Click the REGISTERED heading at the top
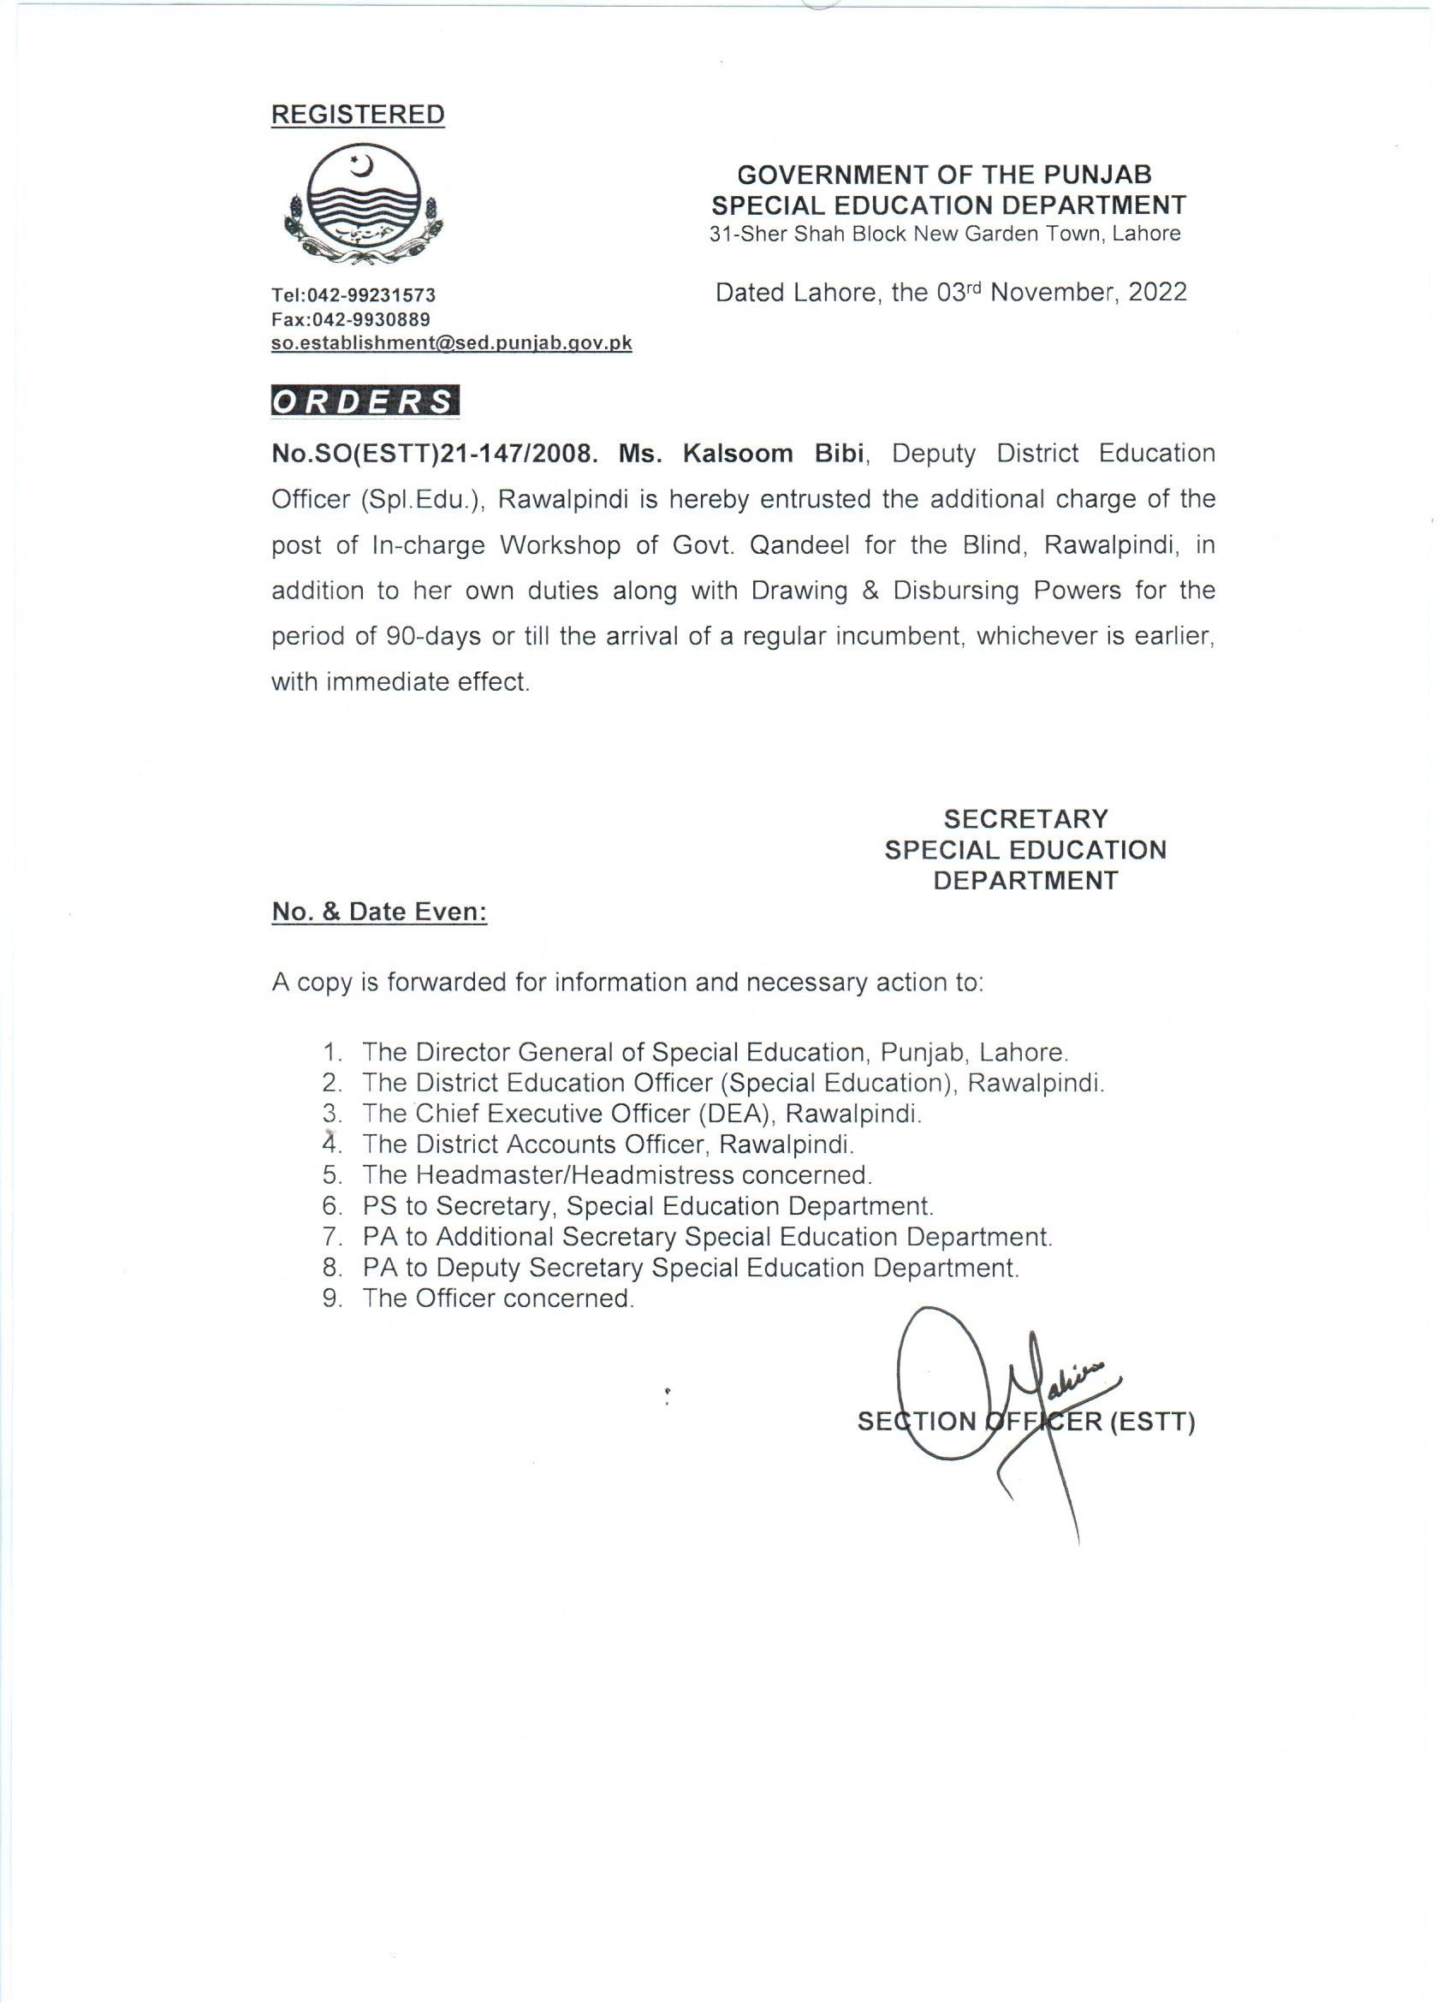click(x=358, y=115)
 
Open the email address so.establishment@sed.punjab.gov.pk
click(x=451, y=343)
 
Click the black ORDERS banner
click(x=365, y=402)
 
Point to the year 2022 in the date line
click(x=1156, y=293)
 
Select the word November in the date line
click(x=1054, y=293)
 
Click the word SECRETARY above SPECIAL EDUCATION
click(x=1025, y=818)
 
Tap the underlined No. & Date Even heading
click(x=380, y=912)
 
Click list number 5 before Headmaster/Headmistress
click(x=332, y=1175)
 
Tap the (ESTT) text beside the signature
click(x=1152, y=1423)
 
